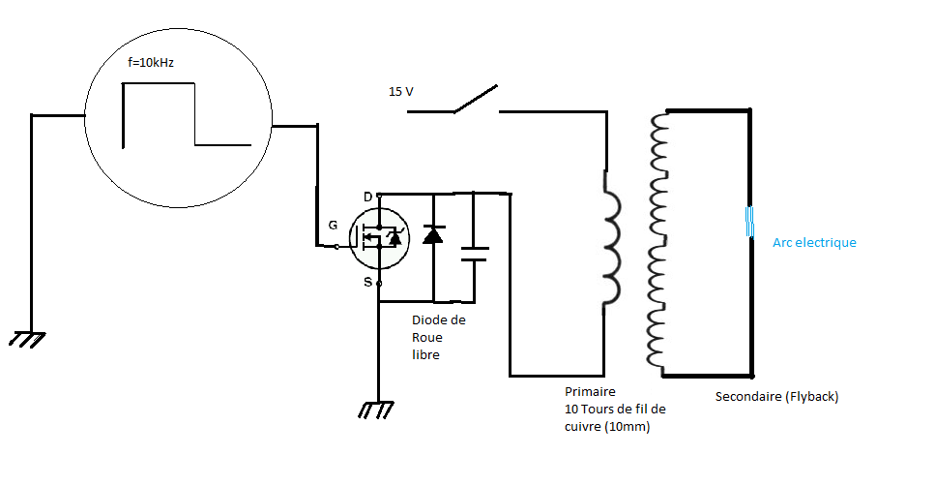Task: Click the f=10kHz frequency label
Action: point(151,63)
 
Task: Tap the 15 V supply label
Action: point(401,91)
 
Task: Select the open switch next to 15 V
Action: point(476,101)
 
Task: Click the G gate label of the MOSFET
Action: point(333,225)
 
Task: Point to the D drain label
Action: point(367,197)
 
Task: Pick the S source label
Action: point(367,282)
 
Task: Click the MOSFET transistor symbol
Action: point(379,238)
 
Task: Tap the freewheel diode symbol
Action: point(433,234)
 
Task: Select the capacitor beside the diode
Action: point(474,254)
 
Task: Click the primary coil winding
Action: point(610,238)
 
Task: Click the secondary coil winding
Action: point(658,242)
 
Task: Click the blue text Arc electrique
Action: point(814,242)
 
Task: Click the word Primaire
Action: point(590,392)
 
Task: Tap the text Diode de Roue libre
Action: point(439,337)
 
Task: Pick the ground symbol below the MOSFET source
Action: point(376,410)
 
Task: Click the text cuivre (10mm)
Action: point(606,426)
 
